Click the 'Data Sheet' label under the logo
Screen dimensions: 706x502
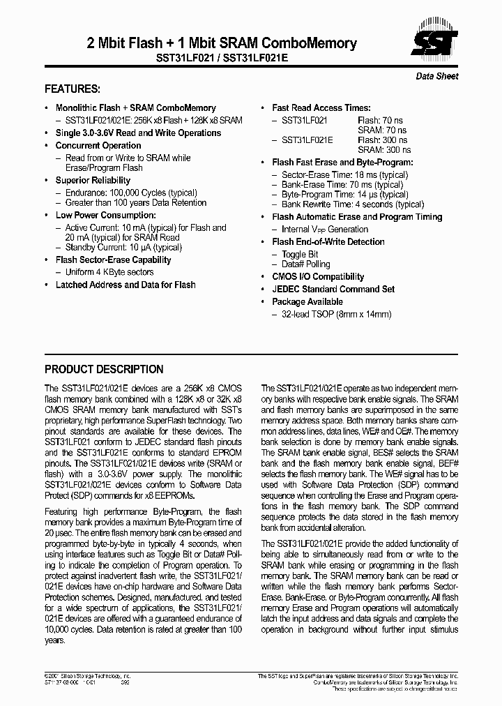pos(437,76)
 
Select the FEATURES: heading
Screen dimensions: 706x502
pos(73,89)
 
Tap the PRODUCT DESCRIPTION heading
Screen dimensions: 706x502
pos(104,370)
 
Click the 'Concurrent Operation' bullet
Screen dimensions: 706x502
pos(98,146)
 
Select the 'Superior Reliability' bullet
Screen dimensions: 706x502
pos(93,181)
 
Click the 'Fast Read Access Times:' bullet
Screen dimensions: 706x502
pos(321,108)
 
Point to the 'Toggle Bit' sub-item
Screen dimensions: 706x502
pos(300,255)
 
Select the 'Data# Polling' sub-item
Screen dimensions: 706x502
pos(305,264)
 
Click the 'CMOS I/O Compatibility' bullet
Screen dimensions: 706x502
pos(318,277)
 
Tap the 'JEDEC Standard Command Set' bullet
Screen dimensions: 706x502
pos(333,290)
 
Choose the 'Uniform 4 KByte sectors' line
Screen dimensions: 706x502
pos(109,272)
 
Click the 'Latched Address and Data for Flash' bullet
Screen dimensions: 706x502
pos(125,285)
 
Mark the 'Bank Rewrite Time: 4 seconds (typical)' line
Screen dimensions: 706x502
pos(352,204)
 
